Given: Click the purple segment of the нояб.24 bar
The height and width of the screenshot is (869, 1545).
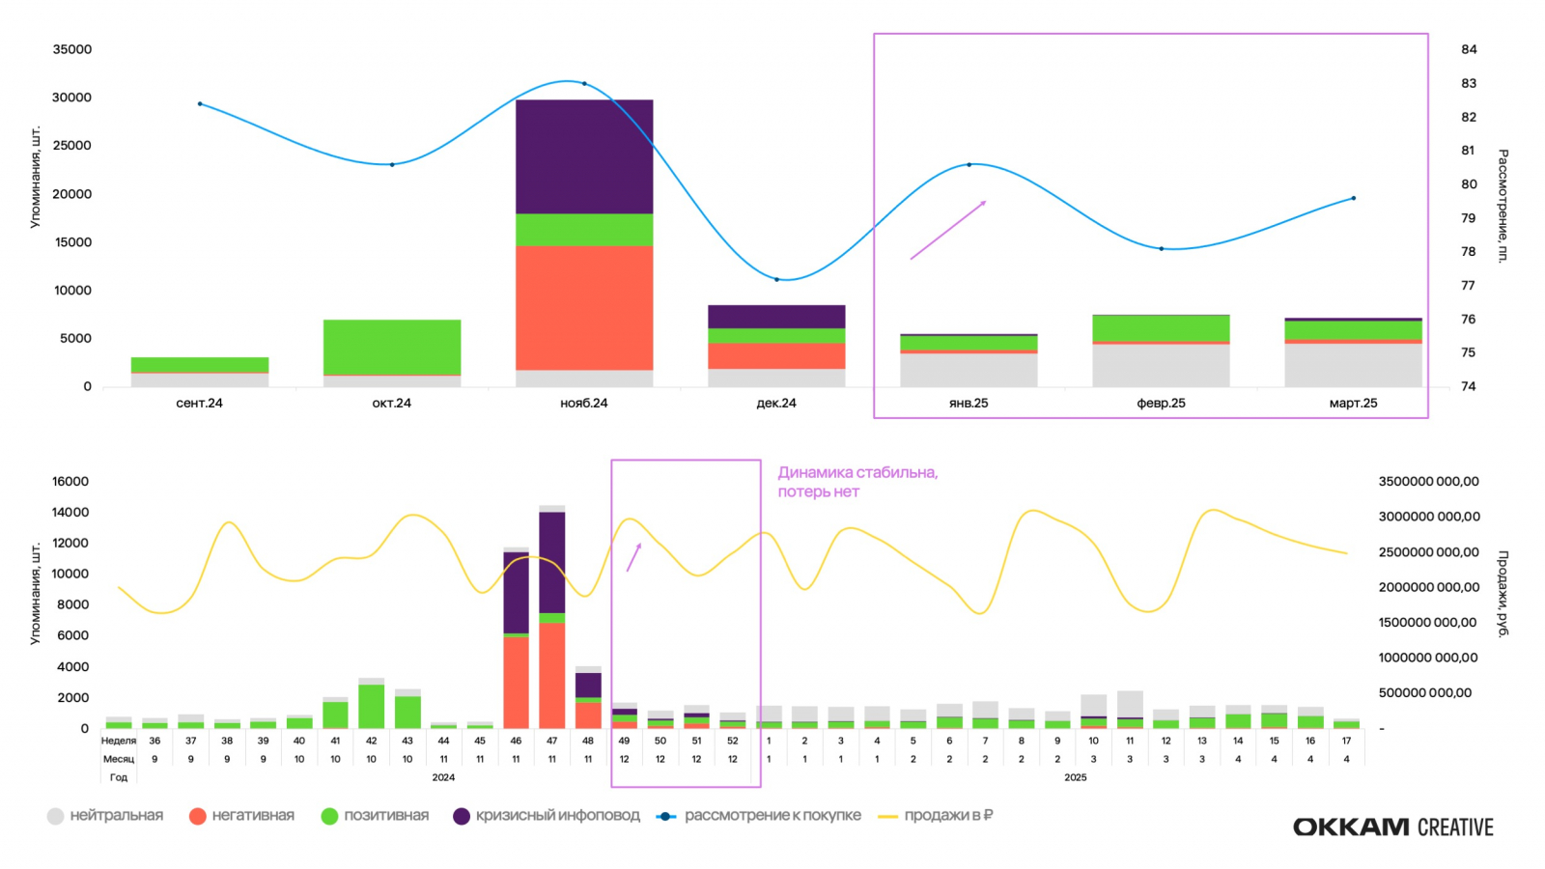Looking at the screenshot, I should (584, 156).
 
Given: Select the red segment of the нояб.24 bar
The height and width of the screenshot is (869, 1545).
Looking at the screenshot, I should (584, 307).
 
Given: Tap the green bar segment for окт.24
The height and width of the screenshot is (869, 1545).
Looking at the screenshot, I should (392, 347).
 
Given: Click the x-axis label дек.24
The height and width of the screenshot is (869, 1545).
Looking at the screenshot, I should (776, 404).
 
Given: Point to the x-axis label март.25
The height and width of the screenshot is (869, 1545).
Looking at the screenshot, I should (1353, 404).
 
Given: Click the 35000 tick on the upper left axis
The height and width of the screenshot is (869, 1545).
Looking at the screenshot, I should (72, 49).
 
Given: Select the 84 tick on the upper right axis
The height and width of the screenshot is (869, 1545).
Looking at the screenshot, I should (1469, 49).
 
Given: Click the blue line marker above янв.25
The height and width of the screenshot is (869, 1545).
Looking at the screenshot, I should (969, 165).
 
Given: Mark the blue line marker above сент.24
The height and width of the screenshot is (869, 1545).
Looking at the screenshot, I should (200, 103).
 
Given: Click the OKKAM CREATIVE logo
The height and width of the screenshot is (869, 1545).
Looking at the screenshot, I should (1392, 827).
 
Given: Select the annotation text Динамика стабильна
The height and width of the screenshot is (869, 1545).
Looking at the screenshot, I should (857, 473).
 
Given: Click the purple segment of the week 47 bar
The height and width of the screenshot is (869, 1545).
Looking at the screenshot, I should (551, 562).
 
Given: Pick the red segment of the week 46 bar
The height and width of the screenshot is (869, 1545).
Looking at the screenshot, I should (516, 682).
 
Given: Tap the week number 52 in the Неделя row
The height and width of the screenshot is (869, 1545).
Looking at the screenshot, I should (732, 742).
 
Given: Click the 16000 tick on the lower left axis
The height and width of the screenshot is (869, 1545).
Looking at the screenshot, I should (70, 482).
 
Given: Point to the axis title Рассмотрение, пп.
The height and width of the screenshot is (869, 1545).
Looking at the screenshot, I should (1503, 206).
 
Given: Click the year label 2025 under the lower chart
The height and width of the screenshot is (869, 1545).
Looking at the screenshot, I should (1075, 777).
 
